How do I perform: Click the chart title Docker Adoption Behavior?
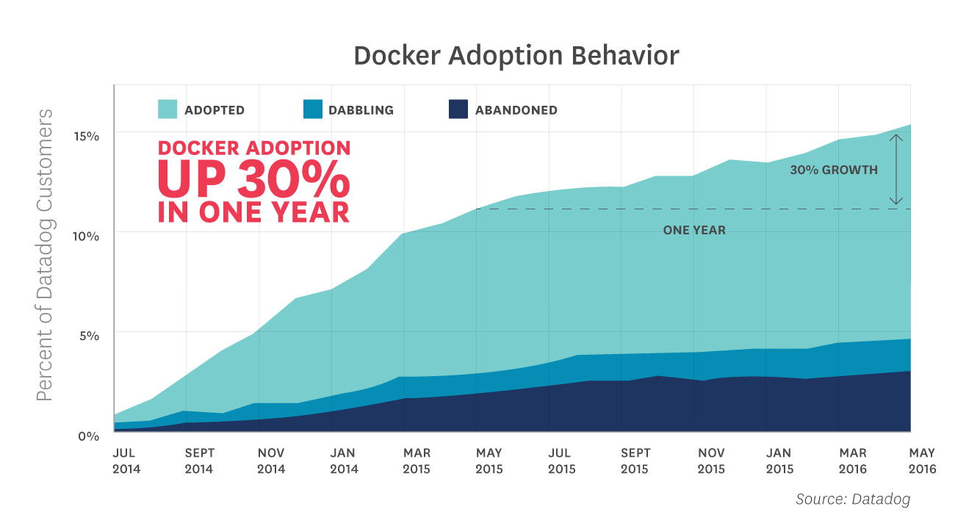(x=516, y=56)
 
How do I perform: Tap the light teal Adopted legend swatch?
(x=167, y=109)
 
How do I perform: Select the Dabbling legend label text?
(x=361, y=110)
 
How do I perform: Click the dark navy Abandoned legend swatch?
(x=458, y=109)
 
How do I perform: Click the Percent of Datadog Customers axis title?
(x=46, y=255)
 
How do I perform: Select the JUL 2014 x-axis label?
(x=126, y=461)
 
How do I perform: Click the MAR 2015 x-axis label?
(x=417, y=461)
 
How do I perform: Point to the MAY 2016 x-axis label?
(x=922, y=461)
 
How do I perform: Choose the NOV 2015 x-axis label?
(x=710, y=461)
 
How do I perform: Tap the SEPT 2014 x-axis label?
(x=199, y=461)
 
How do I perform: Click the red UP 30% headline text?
(x=254, y=178)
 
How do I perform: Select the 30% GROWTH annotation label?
(x=834, y=170)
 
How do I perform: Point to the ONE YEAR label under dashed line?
(x=694, y=231)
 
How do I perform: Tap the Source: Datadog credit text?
(x=853, y=499)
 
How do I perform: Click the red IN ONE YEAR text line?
(x=254, y=212)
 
